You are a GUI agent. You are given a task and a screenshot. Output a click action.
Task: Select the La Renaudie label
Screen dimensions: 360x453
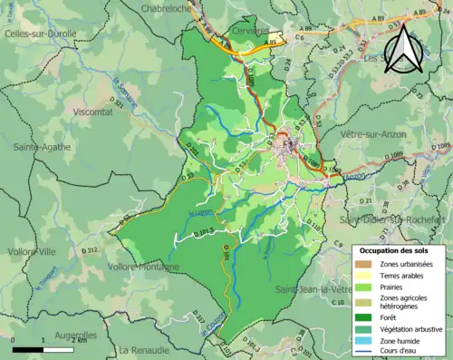click(144, 349)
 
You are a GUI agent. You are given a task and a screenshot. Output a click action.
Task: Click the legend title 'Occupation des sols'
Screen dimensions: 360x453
click(399, 250)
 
